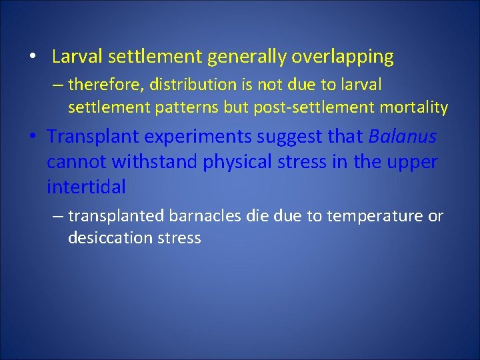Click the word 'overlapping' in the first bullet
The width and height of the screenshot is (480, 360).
coord(342,57)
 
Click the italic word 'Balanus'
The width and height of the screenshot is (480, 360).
coord(402,137)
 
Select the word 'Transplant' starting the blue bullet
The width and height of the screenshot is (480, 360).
coord(93,137)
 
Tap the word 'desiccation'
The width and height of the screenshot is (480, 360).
coord(110,237)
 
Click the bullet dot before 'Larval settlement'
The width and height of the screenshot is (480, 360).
coord(32,57)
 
